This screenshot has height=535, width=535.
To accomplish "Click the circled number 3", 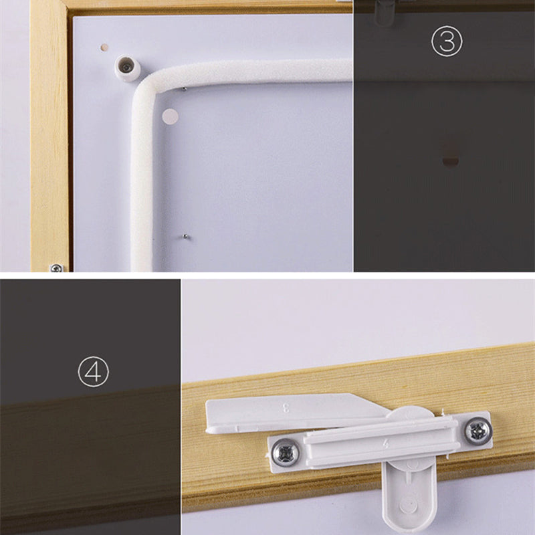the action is [447, 41].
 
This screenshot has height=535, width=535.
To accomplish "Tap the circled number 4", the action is [93, 371].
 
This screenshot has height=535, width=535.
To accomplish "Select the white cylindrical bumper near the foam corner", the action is [127, 69].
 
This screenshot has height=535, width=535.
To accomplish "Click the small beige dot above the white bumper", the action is [104, 47].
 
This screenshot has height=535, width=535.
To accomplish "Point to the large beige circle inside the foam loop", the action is [171, 116].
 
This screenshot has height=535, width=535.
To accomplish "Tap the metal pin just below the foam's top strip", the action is [184, 90].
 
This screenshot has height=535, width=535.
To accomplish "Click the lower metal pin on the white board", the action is [185, 236].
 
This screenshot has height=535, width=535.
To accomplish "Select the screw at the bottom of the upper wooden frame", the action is [56, 268].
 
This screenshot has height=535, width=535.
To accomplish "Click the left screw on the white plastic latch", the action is [286, 453].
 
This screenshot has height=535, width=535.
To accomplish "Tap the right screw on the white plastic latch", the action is [478, 431].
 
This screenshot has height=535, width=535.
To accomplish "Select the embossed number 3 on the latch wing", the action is [286, 408].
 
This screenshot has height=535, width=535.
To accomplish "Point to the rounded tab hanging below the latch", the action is [409, 495].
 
